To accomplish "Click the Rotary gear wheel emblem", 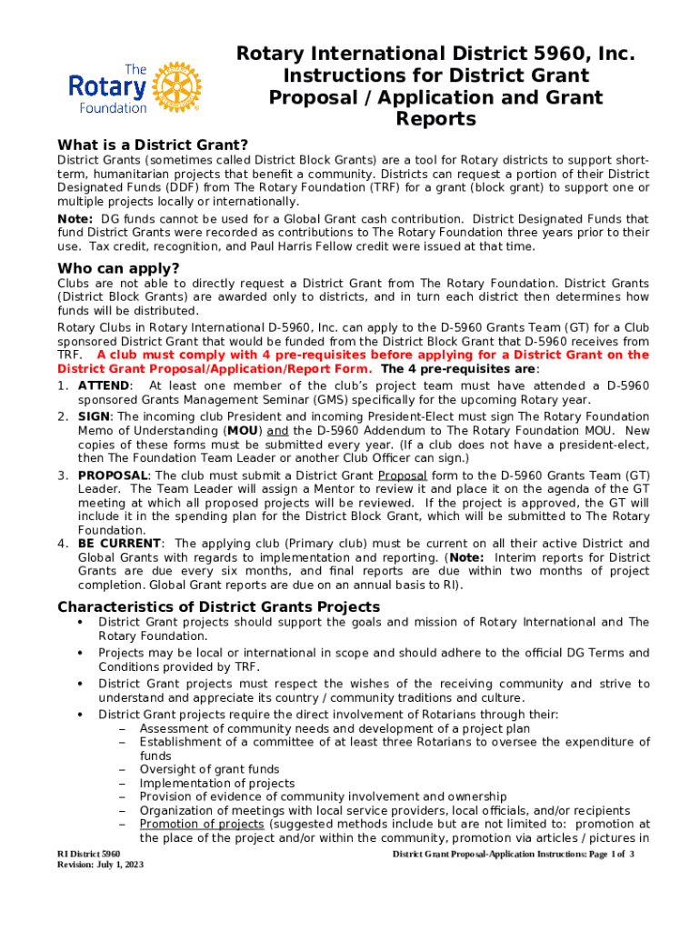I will [176, 87].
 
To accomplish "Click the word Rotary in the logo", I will [107, 88].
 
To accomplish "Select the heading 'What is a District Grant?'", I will [153, 145].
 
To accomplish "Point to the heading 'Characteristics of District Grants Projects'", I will [218, 606].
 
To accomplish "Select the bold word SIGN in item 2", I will [95, 416].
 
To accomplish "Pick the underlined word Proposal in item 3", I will [396, 475].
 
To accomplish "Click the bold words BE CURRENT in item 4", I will [118, 544].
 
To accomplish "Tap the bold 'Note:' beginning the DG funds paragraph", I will [75, 219].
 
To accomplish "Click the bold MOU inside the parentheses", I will [241, 430].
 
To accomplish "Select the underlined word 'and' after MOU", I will [278, 430].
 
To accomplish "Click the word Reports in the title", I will [435, 119].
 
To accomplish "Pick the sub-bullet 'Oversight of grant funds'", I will [209, 769].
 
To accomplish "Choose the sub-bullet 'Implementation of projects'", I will [216, 783].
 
